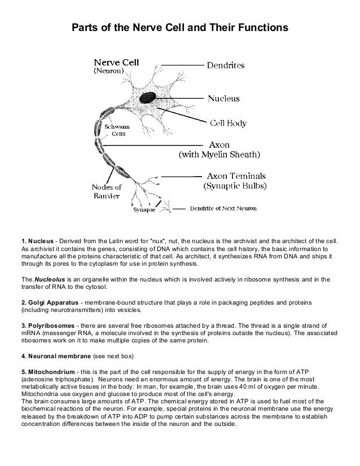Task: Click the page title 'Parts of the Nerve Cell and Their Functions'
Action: coord(179,28)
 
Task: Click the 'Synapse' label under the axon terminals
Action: coord(144,211)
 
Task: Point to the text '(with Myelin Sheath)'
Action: coord(219,153)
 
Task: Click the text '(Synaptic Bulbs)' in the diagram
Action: coord(235,184)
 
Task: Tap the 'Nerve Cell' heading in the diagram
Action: coord(117,63)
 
